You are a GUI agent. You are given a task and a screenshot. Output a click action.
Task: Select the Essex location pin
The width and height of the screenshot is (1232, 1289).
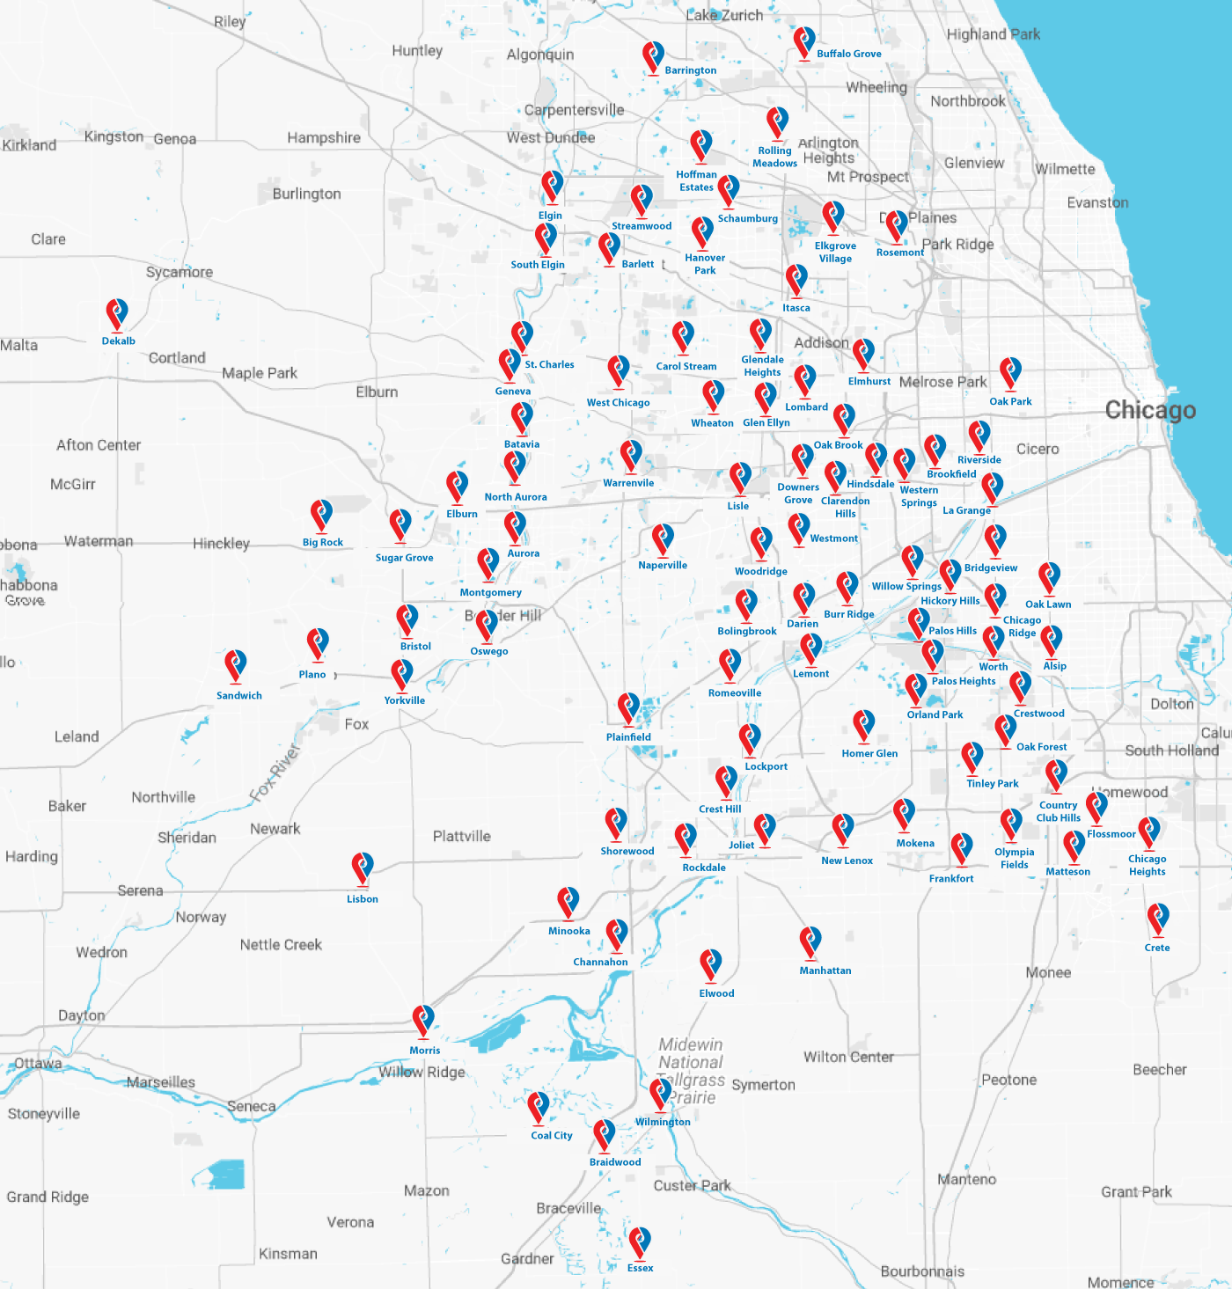coord(640,1243)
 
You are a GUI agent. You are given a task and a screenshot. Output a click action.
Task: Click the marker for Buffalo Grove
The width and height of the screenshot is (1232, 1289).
coord(803,42)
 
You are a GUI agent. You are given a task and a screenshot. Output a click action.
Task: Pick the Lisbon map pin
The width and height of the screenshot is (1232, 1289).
coord(362,868)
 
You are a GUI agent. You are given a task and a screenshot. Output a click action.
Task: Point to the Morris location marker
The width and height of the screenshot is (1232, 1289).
coord(423,1021)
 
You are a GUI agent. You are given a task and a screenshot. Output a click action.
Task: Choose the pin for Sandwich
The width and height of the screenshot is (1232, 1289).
coord(235,666)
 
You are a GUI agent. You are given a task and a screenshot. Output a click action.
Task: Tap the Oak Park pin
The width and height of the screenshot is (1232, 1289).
coord(1010,374)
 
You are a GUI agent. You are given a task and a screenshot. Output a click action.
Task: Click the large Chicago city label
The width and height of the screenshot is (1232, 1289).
coord(1150,410)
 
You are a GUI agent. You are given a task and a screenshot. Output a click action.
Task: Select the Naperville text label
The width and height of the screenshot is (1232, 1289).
coord(663,565)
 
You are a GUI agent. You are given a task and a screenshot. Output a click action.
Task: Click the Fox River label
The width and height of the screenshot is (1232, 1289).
coord(275,773)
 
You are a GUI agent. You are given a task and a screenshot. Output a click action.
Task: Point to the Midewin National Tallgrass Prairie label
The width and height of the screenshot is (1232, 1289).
coord(691,1071)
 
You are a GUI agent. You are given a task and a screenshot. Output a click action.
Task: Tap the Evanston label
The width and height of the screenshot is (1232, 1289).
coord(1097,202)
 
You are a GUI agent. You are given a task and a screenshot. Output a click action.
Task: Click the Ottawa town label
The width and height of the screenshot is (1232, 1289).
coord(38,1063)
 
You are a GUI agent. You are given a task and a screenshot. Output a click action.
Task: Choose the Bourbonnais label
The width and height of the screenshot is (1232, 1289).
coord(922,1271)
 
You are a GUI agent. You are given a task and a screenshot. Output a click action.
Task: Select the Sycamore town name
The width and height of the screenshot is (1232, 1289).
coord(180,272)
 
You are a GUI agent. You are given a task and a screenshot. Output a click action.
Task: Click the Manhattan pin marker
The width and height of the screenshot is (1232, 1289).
coord(810,942)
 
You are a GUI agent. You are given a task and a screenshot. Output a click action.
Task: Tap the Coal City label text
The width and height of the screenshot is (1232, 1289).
coord(552,1135)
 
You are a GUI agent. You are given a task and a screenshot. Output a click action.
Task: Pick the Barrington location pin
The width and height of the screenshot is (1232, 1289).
coord(652,57)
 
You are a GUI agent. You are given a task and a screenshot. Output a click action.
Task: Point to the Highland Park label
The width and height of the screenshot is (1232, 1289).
coord(993,34)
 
